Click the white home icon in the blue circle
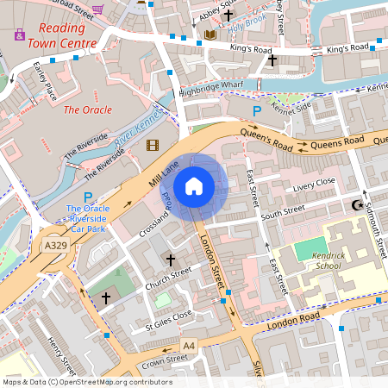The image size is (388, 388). pyautogui.click(x=194, y=186)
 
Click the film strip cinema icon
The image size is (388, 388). pyautogui.click(x=153, y=146)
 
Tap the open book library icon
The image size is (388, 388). pyautogui.click(x=211, y=35)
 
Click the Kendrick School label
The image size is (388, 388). pyautogui.click(x=322, y=262)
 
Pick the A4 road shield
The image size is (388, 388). pyautogui.click(x=189, y=346)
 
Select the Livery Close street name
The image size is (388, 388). pyautogui.click(x=313, y=185)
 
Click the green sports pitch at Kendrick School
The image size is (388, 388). pyautogui.click(x=312, y=250)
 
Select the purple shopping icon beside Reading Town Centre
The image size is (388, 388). pyautogui.click(x=20, y=35)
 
